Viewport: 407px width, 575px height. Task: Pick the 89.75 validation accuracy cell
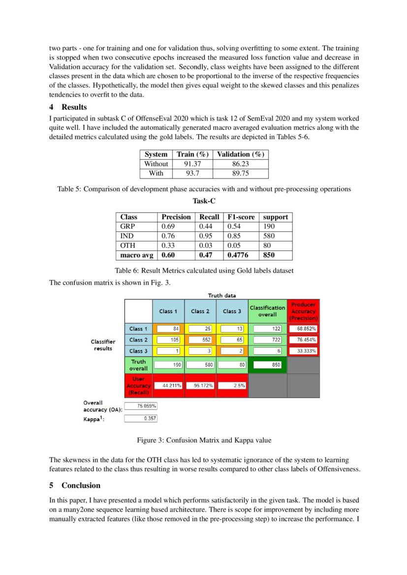click(x=241, y=173)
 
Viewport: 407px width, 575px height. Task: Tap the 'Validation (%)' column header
click(x=241, y=154)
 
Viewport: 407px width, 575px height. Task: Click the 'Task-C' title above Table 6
click(x=204, y=201)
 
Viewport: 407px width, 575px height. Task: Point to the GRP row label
click(x=127, y=226)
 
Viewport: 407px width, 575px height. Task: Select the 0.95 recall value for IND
click(x=205, y=236)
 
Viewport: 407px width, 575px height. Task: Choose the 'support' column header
click(x=275, y=217)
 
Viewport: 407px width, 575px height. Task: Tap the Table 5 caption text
click(x=204, y=189)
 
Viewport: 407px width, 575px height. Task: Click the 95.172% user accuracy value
click(x=201, y=386)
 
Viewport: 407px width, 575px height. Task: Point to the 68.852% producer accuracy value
click(x=303, y=329)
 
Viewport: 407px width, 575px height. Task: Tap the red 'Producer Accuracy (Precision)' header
click(x=303, y=311)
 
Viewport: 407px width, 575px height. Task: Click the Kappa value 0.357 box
click(x=140, y=418)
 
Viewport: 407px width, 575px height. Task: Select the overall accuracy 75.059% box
click(x=140, y=406)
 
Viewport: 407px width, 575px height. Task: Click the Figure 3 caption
click(x=204, y=440)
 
